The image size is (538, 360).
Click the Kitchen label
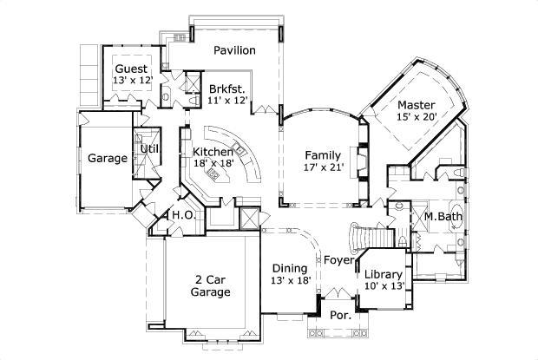tap(212, 151)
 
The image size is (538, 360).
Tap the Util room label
tap(149, 148)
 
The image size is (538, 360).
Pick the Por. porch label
tap(339, 316)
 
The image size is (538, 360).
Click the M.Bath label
tap(442, 216)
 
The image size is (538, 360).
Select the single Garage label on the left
tap(108, 158)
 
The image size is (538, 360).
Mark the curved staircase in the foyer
tap(368, 235)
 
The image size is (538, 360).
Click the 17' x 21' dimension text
tap(325, 167)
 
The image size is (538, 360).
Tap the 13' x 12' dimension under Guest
tap(132, 80)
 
